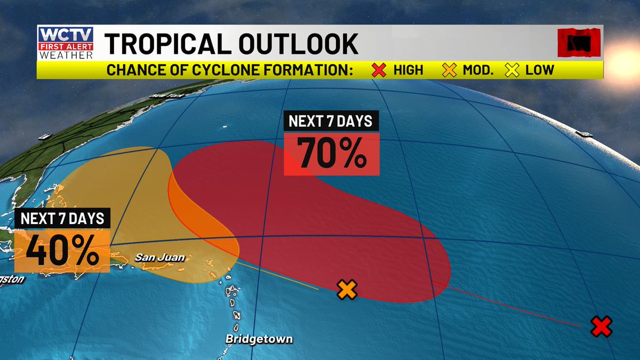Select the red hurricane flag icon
[579, 43]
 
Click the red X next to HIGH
[380, 70]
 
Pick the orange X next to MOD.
[450, 70]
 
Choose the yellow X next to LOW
[513, 70]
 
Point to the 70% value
[331, 154]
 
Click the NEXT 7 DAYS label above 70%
[331, 121]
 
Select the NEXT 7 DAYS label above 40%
[62, 219]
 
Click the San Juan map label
[159, 258]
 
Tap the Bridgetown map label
[259, 339]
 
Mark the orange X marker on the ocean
[347, 290]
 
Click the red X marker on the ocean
[601, 326]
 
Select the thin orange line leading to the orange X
[277, 276]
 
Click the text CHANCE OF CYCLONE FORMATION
[229, 70]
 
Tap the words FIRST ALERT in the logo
[66, 47]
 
